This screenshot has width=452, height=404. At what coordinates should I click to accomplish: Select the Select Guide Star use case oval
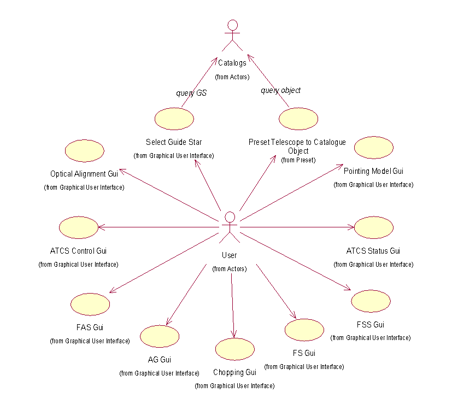(174, 119)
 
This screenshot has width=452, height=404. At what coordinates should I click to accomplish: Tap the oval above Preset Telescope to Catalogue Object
(298, 119)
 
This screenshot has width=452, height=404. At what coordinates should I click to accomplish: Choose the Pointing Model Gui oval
(374, 148)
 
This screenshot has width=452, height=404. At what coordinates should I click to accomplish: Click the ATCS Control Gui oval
(78, 227)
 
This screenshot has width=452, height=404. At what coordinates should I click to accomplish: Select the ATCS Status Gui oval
(374, 227)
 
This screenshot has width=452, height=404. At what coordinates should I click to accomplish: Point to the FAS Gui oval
(90, 303)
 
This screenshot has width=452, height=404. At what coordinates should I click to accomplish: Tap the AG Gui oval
(160, 336)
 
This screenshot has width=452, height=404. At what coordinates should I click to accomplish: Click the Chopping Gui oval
(235, 349)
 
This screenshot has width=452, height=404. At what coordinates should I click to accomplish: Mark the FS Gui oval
(304, 330)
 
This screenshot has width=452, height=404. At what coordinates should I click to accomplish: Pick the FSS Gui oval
(371, 301)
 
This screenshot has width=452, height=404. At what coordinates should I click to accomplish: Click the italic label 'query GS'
(191, 93)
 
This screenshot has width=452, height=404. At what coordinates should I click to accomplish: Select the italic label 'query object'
(280, 90)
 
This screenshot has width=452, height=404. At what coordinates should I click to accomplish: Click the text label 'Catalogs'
(232, 63)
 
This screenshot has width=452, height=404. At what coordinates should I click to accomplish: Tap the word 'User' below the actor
(230, 255)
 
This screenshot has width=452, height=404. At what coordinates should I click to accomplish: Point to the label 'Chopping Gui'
(235, 373)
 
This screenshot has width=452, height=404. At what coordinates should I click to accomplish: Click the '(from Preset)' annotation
(297, 160)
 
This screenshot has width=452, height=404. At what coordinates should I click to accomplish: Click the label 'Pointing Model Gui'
(374, 172)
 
